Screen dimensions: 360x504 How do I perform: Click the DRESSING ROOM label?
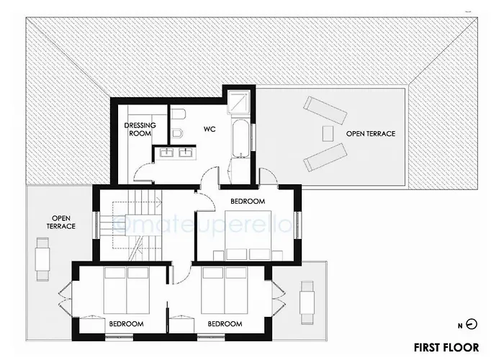click(x=140, y=129)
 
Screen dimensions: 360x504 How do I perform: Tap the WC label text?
click(x=210, y=130)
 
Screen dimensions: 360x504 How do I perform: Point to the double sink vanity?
click(x=175, y=152)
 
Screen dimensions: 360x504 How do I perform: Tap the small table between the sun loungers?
click(x=328, y=133)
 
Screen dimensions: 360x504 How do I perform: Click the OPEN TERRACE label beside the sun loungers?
click(x=370, y=134)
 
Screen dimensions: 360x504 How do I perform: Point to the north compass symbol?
click(x=471, y=324)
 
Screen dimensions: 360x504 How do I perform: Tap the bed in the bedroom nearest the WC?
click(x=247, y=232)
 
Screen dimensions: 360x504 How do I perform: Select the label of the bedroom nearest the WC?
click(x=248, y=201)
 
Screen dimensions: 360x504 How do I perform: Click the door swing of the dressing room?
click(x=144, y=171)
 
